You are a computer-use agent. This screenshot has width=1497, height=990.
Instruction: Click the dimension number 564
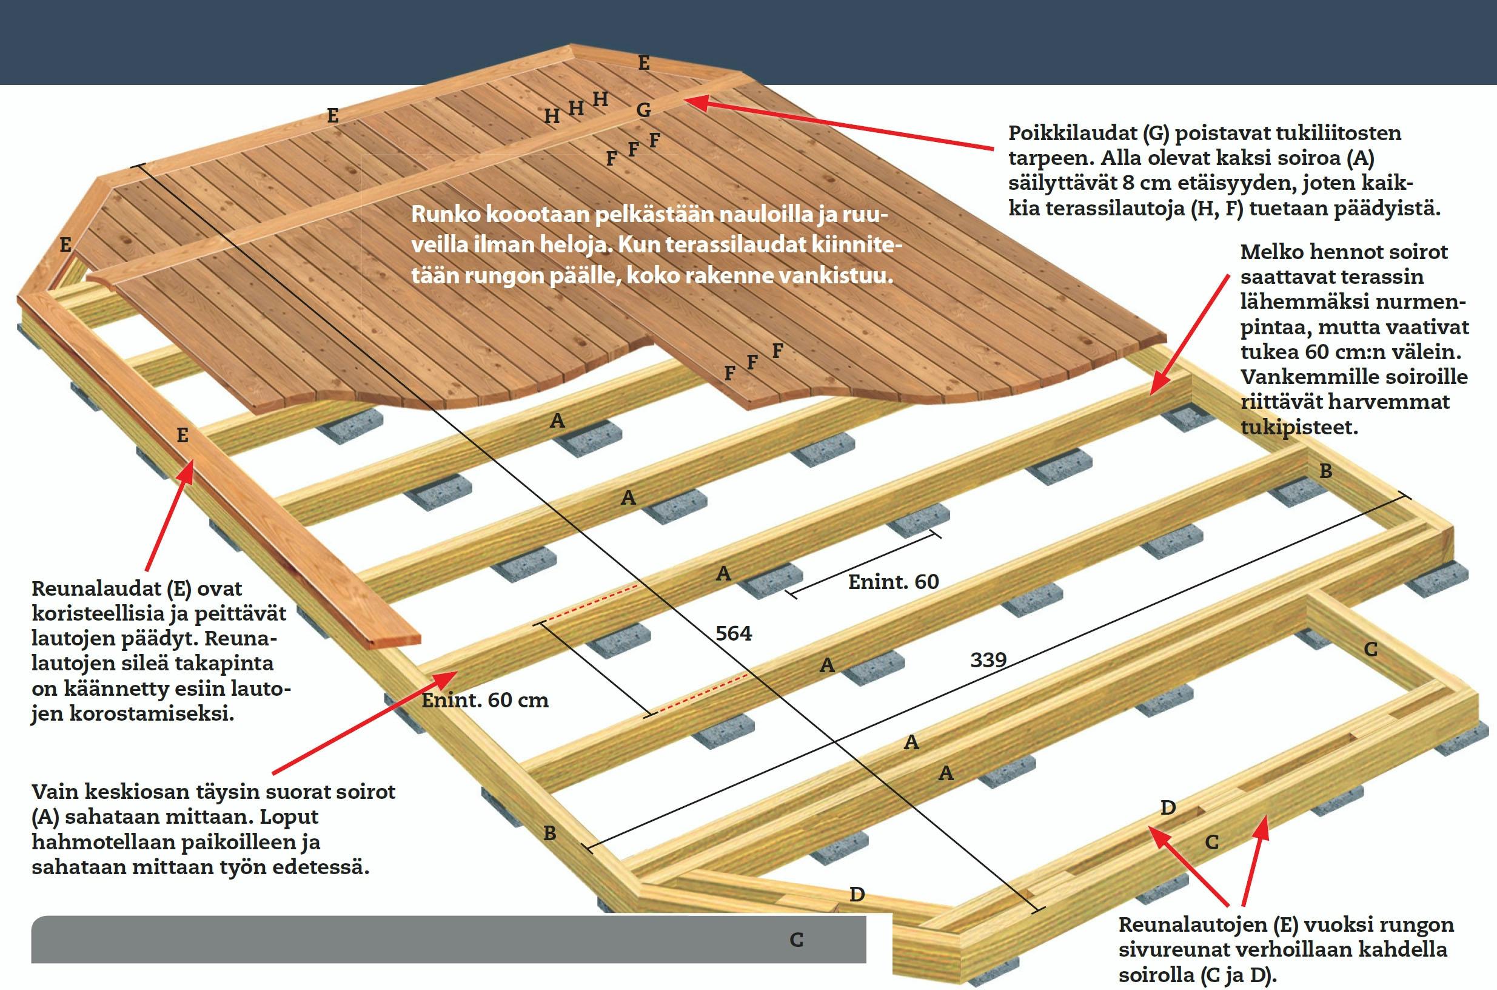(x=734, y=633)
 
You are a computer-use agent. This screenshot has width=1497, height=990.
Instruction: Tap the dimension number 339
(x=988, y=660)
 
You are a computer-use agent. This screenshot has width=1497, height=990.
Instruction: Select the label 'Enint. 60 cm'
(x=484, y=700)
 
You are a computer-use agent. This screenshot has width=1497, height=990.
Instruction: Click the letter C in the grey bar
(x=797, y=940)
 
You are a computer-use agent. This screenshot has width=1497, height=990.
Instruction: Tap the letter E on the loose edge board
(x=183, y=435)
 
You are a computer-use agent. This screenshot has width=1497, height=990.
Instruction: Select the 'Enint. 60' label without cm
(x=893, y=582)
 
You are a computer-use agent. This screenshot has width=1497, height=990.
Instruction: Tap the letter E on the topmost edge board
(x=644, y=63)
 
